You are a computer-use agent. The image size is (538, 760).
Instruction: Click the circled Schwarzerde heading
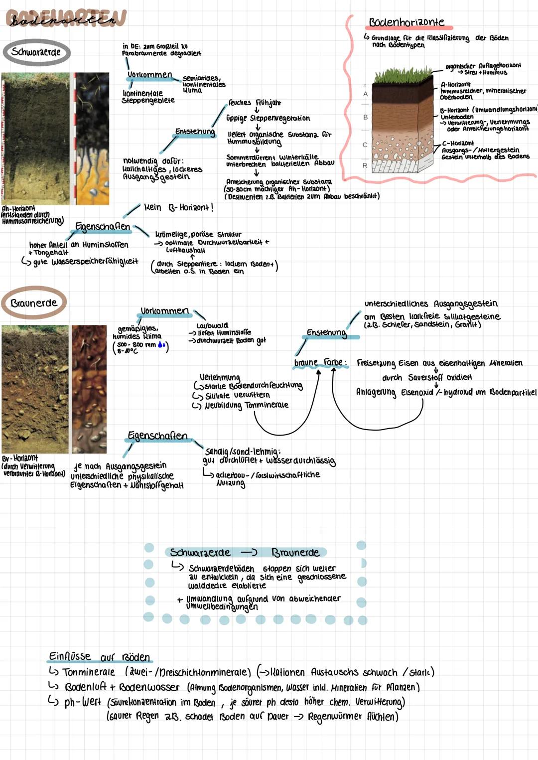pos(36,52)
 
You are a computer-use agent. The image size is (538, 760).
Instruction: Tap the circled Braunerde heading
pos(34,303)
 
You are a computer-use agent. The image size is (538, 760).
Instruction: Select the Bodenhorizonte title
pos(406,22)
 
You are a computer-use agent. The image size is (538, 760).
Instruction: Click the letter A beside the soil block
pos(365,94)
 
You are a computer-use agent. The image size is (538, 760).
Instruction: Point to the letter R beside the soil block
pos(365,165)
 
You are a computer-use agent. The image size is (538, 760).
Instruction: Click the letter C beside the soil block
pos(365,145)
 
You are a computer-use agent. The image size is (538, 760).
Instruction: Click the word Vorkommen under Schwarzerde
pos(149,75)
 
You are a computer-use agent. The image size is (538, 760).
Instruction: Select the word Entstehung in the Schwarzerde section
pos(195,132)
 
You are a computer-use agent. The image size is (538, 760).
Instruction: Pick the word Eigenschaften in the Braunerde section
pos(157,436)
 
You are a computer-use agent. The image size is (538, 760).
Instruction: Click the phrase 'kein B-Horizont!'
pos(178,207)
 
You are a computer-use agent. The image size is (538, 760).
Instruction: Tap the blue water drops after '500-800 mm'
pos(161,345)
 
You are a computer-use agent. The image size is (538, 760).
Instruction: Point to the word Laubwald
pos(212,325)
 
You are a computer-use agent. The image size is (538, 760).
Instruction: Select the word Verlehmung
pos(220,377)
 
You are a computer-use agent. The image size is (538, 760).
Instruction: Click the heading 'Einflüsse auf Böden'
pos(99,657)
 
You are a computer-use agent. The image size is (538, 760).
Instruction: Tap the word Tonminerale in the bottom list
pos(89,672)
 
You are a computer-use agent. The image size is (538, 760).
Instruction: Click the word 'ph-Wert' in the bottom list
pos(83,703)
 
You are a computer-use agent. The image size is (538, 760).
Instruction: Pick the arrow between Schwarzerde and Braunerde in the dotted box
pos(249,552)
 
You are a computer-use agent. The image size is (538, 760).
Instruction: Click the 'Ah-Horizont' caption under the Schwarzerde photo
pos(18,208)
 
